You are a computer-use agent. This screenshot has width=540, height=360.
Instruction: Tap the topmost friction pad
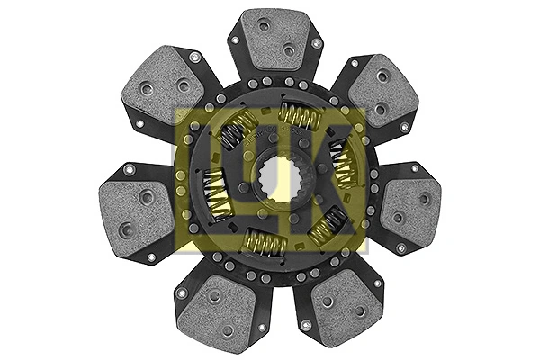tap(274, 39)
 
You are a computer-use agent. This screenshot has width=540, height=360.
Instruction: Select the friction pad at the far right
tap(411, 208)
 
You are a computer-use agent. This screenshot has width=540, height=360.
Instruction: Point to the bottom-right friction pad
tap(346, 304)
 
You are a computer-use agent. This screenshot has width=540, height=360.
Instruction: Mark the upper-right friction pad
tap(383, 91)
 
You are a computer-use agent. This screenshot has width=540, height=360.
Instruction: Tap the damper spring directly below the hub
tap(265, 243)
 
